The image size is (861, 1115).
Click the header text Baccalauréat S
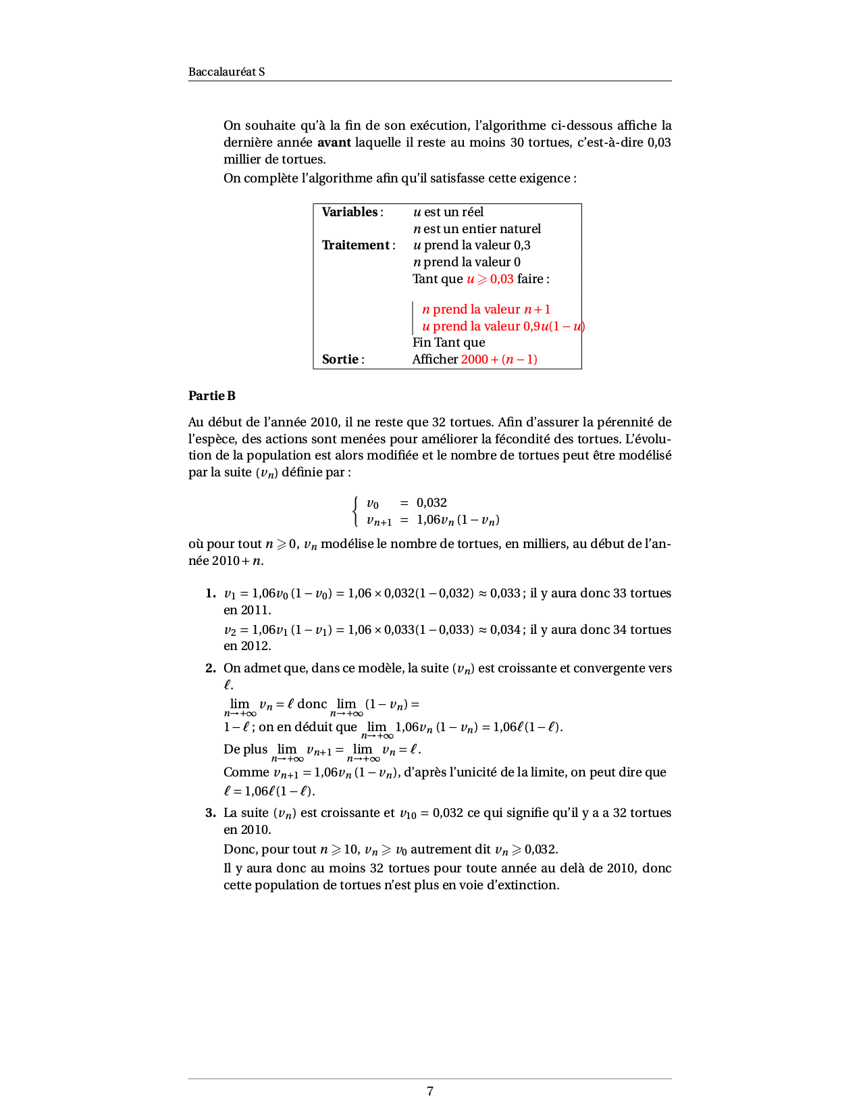[226, 72]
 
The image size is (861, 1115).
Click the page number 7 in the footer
[430, 1091]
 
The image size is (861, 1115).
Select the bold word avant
[334, 142]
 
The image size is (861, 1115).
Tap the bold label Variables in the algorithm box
[350, 212]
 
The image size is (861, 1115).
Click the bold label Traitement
[356, 245]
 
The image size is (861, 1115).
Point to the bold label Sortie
[340, 360]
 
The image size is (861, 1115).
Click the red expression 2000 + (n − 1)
[499, 360]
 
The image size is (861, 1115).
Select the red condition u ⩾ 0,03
[490, 279]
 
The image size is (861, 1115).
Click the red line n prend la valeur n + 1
[486, 309]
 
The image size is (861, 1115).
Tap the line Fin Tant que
[448, 343]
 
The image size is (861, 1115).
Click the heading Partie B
[212, 396]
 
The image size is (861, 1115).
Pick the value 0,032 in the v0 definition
[432, 503]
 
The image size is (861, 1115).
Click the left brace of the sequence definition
[355, 511]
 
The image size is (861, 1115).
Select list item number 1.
[211, 593]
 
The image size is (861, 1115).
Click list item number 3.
[211, 813]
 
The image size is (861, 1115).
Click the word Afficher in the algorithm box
[435, 360]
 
